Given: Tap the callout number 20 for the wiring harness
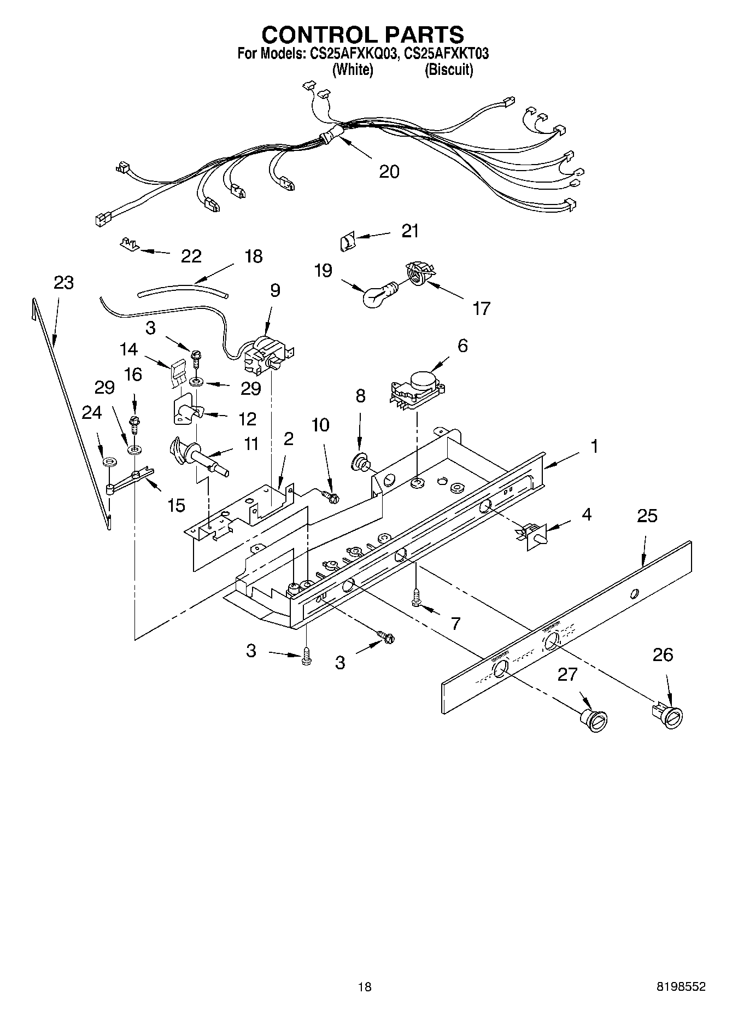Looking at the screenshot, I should (x=389, y=172).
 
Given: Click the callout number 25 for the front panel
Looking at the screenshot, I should (x=647, y=516).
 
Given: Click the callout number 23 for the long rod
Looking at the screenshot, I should (x=63, y=283).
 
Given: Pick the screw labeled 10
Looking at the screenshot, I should (x=331, y=496).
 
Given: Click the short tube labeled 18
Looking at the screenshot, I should (x=183, y=290).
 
